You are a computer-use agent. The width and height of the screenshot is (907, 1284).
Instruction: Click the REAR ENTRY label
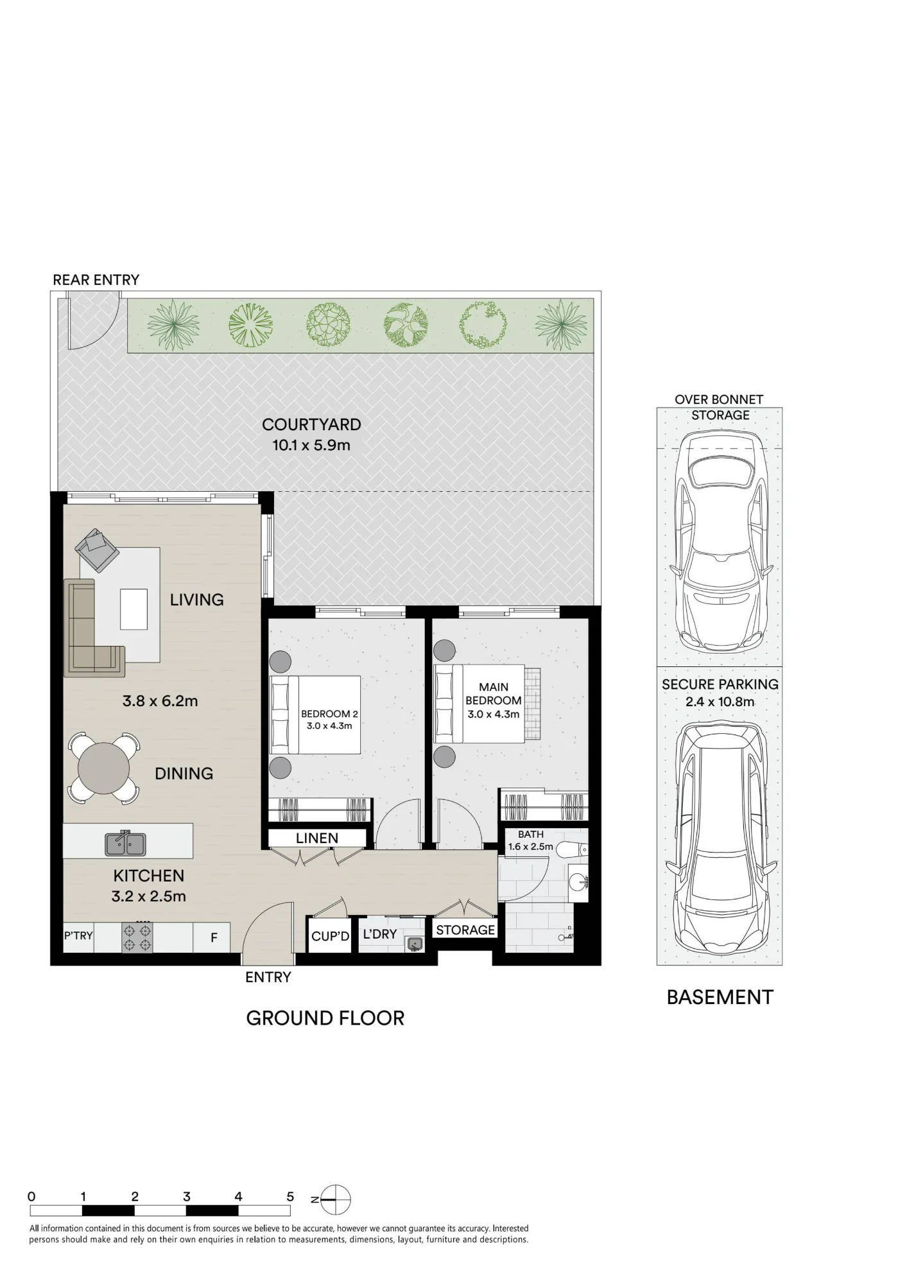pos(96,280)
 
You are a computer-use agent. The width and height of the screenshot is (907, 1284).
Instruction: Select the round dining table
pos(103,768)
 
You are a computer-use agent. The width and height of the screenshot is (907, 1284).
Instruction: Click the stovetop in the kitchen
pos(137,937)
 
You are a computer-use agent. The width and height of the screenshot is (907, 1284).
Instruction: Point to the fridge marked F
pos(214,938)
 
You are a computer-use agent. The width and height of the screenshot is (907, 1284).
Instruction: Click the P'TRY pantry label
pos(78,935)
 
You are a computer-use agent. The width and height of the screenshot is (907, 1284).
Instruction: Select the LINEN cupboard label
pos(317,838)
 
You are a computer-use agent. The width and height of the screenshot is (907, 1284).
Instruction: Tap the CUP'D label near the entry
pos(330,937)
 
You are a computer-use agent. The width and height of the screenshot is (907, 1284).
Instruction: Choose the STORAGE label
pos(465,930)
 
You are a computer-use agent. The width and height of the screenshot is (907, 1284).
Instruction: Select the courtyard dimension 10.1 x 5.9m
pos(311,445)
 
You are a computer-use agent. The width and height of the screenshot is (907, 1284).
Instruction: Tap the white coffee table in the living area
pos(134,609)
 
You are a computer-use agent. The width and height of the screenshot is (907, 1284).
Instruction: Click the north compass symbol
pos(334,1199)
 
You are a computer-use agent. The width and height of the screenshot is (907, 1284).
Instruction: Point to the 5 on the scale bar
pos(290,1197)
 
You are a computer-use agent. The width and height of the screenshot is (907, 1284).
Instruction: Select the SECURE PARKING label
pos(720,684)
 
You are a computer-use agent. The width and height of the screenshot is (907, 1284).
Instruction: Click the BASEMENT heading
pos(720,997)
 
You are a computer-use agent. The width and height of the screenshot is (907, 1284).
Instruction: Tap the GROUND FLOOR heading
pos(325,1018)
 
